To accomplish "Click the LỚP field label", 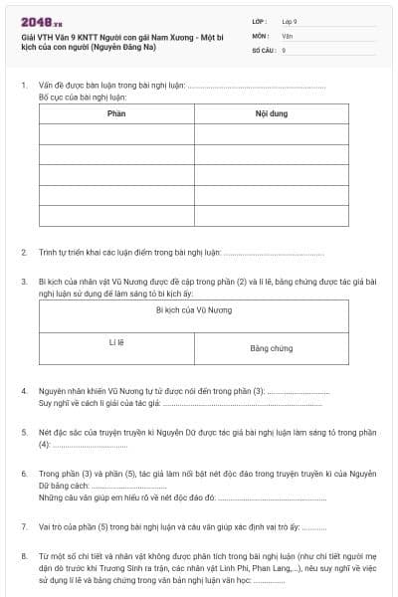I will [262, 21].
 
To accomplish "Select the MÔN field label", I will [262, 35].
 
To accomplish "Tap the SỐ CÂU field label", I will [266, 49].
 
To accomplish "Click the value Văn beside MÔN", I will [287, 35].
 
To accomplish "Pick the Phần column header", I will [116, 113].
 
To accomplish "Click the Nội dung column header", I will [271, 113].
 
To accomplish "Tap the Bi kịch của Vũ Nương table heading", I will [194, 310].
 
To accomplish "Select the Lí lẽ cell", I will [116, 342].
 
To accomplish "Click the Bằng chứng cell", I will [271, 348].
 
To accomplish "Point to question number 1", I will [23, 86].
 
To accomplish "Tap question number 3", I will [23, 282].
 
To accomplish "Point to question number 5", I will [23, 432].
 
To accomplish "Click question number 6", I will [23, 473].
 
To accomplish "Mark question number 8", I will [23, 554].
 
